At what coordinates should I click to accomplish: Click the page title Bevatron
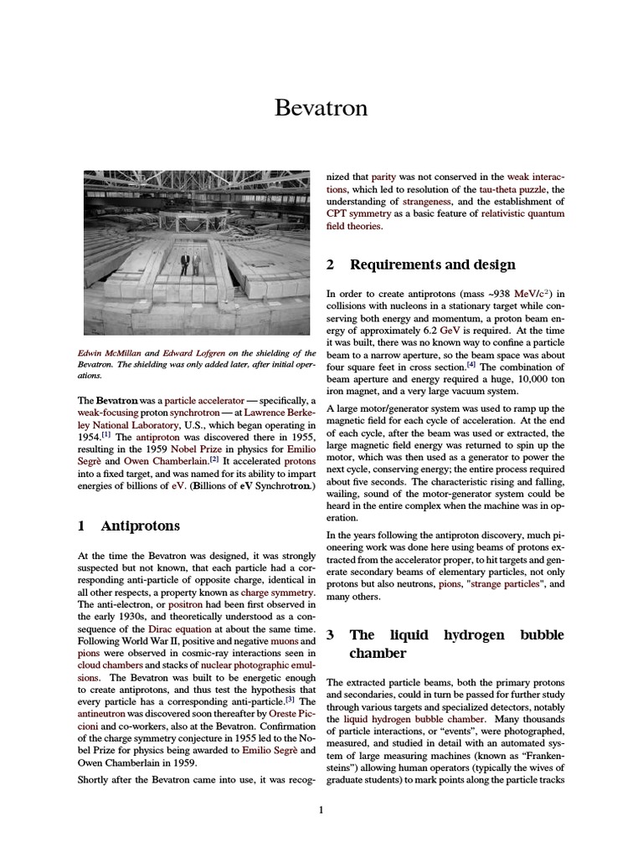(321, 109)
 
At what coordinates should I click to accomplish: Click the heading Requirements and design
(432, 265)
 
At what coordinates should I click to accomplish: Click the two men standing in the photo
(190, 264)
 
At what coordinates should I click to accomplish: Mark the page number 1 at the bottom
(321, 808)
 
